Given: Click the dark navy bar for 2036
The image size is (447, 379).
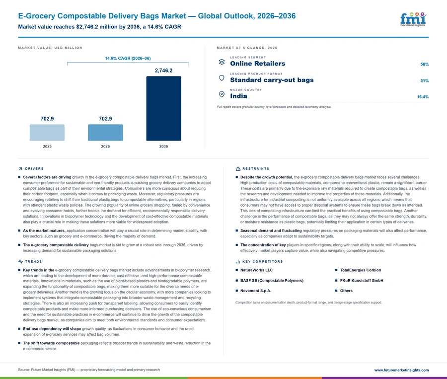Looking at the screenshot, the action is tap(163, 108).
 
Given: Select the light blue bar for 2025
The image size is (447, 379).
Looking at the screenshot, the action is tap(47, 132).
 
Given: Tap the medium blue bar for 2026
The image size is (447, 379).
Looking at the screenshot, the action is tap(105, 132).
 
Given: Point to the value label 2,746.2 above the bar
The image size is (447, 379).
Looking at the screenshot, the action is tap(163, 71).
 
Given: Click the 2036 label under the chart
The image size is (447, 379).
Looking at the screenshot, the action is tap(163, 147).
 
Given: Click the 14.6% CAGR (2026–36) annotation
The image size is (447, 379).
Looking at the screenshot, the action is tap(128, 58).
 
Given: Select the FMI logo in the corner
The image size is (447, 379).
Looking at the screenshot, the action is tap(413, 19).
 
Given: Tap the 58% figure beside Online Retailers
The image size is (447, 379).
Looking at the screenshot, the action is tap(425, 64).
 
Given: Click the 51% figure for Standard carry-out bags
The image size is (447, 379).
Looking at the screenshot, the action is tap(425, 80).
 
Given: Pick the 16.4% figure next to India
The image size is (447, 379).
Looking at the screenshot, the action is tap(423, 97).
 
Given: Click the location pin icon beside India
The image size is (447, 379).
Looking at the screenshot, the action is tap(222, 94).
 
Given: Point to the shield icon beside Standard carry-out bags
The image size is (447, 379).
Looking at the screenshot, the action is tap(222, 78).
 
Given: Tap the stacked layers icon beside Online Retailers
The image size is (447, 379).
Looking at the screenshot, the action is tap(222, 62).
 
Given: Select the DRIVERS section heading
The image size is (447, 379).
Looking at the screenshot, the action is tap(34, 168).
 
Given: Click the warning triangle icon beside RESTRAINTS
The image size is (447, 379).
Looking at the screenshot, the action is tap(238, 168).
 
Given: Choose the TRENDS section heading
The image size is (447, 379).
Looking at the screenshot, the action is tap(33, 261).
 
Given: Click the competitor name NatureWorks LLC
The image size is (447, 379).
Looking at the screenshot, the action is tap(257, 270).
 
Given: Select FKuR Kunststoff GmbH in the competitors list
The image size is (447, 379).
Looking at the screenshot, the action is tap(362, 280).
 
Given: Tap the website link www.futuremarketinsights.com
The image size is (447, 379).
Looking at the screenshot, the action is tap(401, 370).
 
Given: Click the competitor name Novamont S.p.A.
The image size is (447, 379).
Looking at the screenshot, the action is tap(256, 291).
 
